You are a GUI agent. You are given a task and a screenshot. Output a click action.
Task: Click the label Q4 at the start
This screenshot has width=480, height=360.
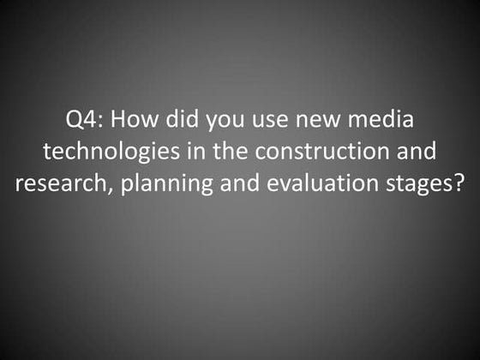(80, 121)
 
